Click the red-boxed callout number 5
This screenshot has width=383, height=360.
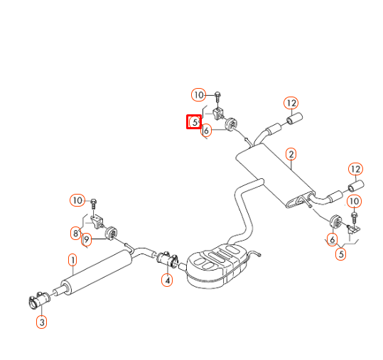193,122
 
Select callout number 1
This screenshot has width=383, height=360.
72,259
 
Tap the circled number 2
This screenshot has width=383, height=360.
291,154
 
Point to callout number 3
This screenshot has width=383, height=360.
41,322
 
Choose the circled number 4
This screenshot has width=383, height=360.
166,280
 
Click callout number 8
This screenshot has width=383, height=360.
75,232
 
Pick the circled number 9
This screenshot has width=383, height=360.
86,239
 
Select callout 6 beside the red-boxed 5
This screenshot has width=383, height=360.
206,130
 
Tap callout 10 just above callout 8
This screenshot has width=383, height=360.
77,200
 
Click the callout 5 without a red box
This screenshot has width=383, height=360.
341,253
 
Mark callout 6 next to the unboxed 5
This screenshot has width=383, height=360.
332,239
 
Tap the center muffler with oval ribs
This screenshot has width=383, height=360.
217,266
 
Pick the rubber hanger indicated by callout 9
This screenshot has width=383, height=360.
111,232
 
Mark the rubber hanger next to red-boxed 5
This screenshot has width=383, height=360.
231,126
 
